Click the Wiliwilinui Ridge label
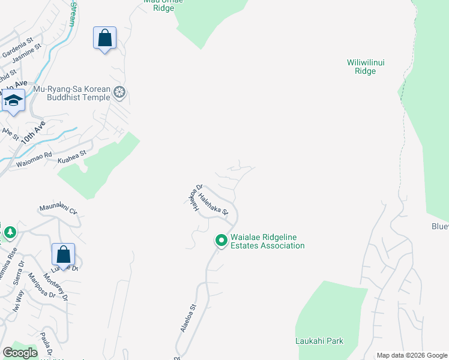point(361,67)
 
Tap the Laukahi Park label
point(319,341)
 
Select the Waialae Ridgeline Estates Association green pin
point(221,241)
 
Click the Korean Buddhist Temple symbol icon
point(119,92)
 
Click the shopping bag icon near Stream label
point(105,38)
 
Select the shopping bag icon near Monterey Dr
point(63,255)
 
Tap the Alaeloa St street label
point(188,318)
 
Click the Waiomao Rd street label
point(35,160)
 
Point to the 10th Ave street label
point(33,131)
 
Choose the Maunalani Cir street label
point(59,210)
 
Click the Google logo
point(20,353)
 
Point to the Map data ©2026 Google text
point(412,355)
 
